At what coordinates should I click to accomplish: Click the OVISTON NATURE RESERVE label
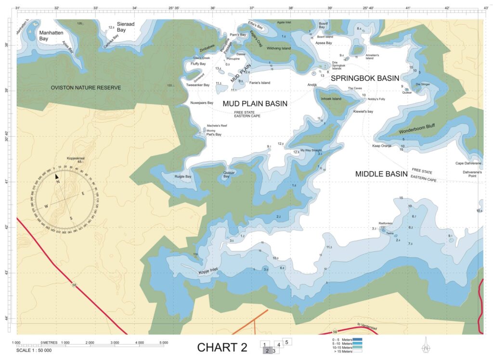point(86,88)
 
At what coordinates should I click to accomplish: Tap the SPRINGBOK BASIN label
point(365,78)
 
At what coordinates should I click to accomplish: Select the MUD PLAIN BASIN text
point(255,103)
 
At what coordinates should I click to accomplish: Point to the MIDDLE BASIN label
point(381,174)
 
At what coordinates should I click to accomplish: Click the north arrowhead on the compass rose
point(57,177)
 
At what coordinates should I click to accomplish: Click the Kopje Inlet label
point(208,272)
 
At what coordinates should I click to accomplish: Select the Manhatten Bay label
point(51,35)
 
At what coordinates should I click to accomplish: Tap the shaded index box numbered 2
point(266,351)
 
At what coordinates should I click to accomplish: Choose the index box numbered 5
point(286,342)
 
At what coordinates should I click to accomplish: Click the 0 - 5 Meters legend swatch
point(357,340)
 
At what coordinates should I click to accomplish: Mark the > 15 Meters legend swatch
point(357,351)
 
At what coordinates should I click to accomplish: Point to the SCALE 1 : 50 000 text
point(34,350)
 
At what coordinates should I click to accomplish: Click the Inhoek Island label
point(331,99)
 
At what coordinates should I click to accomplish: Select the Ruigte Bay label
point(182,177)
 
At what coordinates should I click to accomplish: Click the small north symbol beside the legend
point(426,347)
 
